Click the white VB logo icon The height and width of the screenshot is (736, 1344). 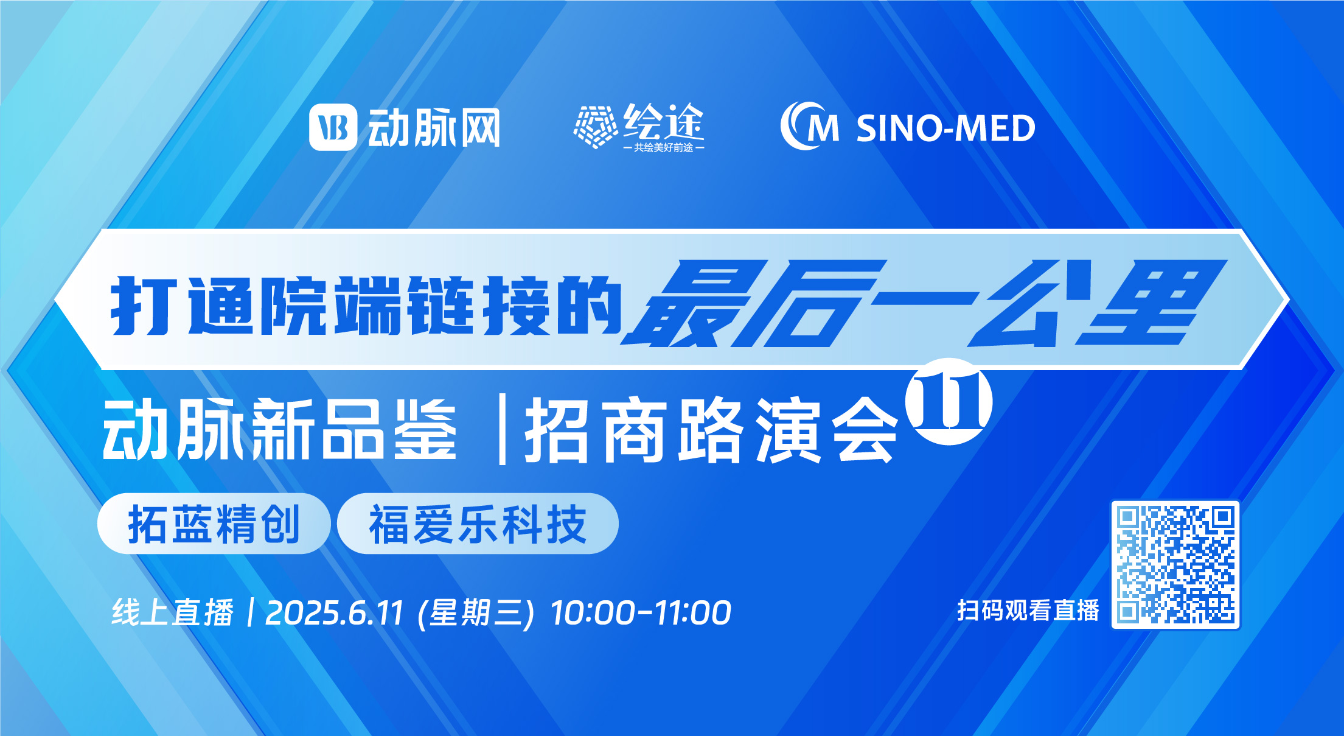(333, 127)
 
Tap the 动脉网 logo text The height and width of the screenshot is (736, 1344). (434, 128)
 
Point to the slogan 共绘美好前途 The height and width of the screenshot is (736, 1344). (664, 147)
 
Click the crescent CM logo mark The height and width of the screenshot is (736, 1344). (809, 126)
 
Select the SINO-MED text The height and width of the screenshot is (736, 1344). (945, 128)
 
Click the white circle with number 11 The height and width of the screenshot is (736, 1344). (949, 401)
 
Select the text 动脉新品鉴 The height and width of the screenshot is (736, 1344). (279, 429)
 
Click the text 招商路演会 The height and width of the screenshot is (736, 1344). (711, 430)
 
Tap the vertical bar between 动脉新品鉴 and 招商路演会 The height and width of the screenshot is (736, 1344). (503, 429)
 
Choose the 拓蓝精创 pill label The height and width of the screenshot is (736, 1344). (214, 524)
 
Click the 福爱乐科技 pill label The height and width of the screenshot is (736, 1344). (478, 524)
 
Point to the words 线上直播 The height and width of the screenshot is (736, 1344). (173, 612)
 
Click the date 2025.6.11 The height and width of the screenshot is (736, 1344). (335, 612)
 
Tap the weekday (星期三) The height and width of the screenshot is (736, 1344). (476, 612)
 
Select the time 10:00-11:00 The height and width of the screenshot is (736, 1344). (641, 612)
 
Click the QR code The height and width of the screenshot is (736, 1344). (1175, 565)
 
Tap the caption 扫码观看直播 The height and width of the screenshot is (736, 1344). (1028, 610)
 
